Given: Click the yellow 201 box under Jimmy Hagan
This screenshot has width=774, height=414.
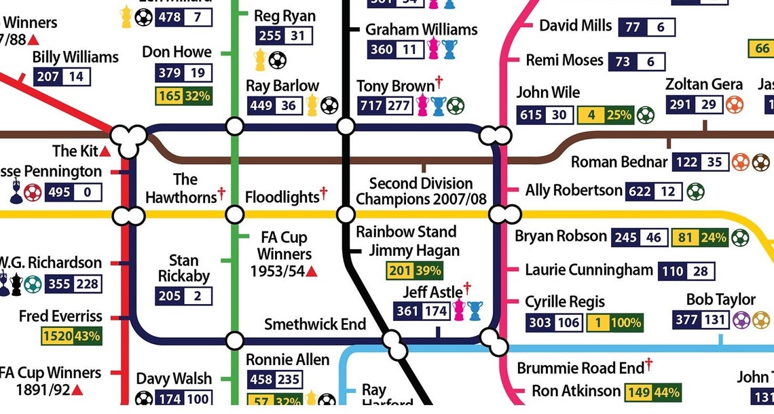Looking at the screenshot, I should click(400, 271).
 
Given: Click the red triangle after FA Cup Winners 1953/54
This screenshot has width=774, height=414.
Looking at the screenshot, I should click(312, 271).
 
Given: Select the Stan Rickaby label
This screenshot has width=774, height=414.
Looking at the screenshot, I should click(184, 269).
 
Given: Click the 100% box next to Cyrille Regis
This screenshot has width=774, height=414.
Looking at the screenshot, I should click(624, 322).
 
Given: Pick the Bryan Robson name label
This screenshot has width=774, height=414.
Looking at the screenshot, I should click(560, 236).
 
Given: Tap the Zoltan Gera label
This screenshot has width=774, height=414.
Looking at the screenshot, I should click(703, 84).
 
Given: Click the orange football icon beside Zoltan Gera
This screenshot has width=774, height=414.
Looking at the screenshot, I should click(735, 105).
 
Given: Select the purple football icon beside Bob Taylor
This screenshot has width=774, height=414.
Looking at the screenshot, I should click(742, 320).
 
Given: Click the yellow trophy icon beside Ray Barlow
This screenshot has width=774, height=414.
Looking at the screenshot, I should click(312, 105).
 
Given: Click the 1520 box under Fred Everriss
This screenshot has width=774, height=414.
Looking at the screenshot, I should click(56, 335).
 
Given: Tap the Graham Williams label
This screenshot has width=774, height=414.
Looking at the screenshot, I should click(421, 30).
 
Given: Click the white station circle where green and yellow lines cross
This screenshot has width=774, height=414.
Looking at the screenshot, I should click(234, 215).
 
